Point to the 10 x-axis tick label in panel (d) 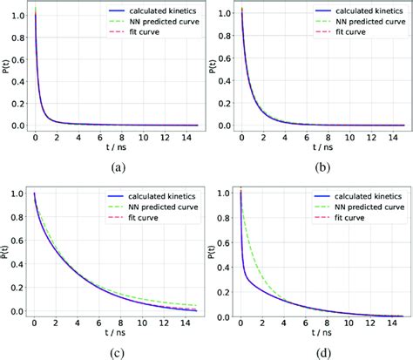tap(345, 323)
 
